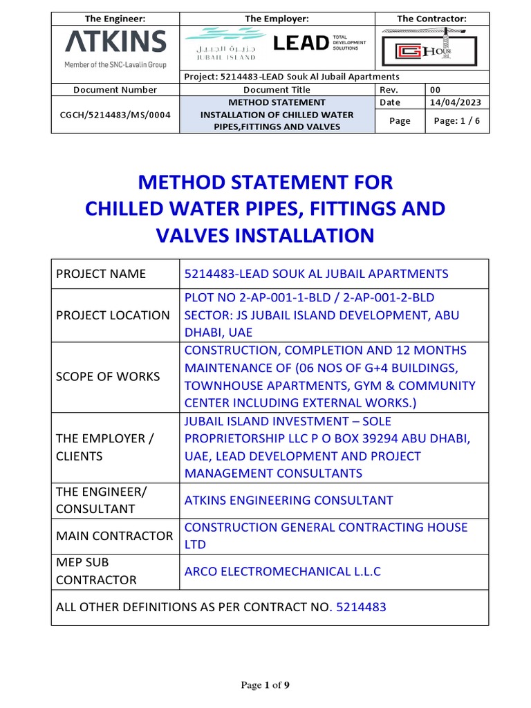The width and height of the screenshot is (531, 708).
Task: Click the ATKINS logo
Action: click(x=115, y=43)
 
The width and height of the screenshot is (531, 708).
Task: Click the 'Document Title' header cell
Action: click(x=277, y=90)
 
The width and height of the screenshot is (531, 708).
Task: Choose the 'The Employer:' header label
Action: click(x=277, y=19)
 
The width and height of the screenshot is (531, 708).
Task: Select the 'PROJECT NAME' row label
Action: click(x=100, y=274)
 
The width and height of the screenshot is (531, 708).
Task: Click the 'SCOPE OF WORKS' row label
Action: click(x=107, y=377)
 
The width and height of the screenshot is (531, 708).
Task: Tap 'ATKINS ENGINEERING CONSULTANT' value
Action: click(x=288, y=500)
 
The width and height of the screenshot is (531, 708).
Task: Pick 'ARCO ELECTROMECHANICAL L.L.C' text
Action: click(x=282, y=571)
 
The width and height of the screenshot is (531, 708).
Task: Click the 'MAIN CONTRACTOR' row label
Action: click(x=114, y=536)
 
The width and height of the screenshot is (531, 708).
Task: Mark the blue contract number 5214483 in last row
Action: click(x=361, y=607)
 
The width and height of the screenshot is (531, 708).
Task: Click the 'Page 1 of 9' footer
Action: click(x=265, y=685)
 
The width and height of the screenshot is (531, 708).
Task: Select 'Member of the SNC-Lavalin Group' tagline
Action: click(x=115, y=64)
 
